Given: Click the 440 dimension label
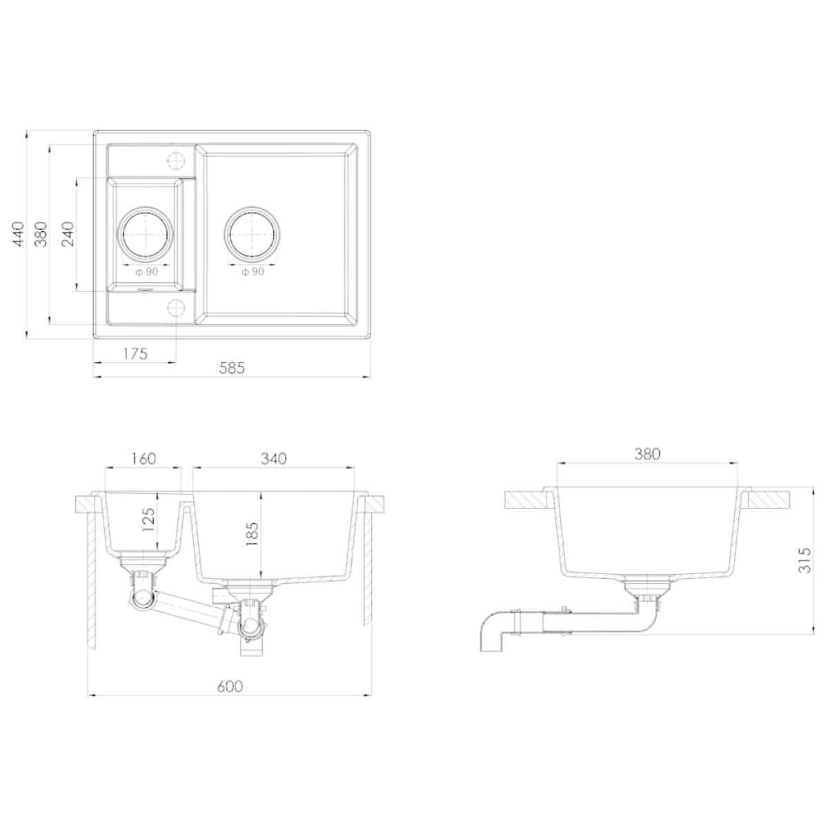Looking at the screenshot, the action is [x=18, y=234].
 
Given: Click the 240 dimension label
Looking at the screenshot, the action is [x=68, y=234].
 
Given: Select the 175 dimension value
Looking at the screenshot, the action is [x=135, y=354].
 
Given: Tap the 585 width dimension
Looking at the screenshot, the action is [x=232, y=368].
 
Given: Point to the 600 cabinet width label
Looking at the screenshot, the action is [x=230, y=687].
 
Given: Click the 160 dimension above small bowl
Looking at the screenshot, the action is [x=143, y=458].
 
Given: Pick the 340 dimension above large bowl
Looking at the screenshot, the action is [x=274, y=458].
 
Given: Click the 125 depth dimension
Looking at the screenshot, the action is [x=148, y=521].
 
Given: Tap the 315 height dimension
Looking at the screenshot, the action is [x=806, y=560].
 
